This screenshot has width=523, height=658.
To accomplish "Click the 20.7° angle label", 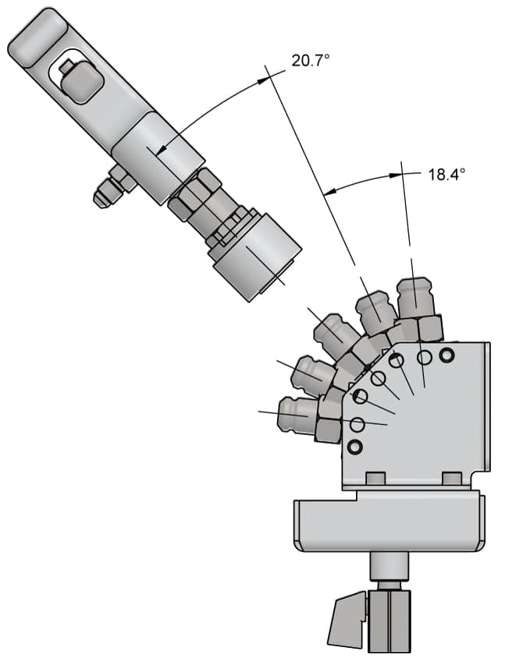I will coord(310,59).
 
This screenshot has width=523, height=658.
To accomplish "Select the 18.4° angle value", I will coord(446,174).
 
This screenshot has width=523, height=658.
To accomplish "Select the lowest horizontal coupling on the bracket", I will coord(299,413).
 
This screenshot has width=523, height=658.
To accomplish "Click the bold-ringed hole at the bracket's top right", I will coord(447,356).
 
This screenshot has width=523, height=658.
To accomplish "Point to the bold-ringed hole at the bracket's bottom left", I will coord(356,448).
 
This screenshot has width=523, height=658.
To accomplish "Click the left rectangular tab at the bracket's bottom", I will coord(374,478).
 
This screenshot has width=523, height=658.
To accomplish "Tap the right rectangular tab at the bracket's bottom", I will coord(451,478).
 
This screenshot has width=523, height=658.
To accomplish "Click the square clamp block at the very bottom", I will coord(389,620).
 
